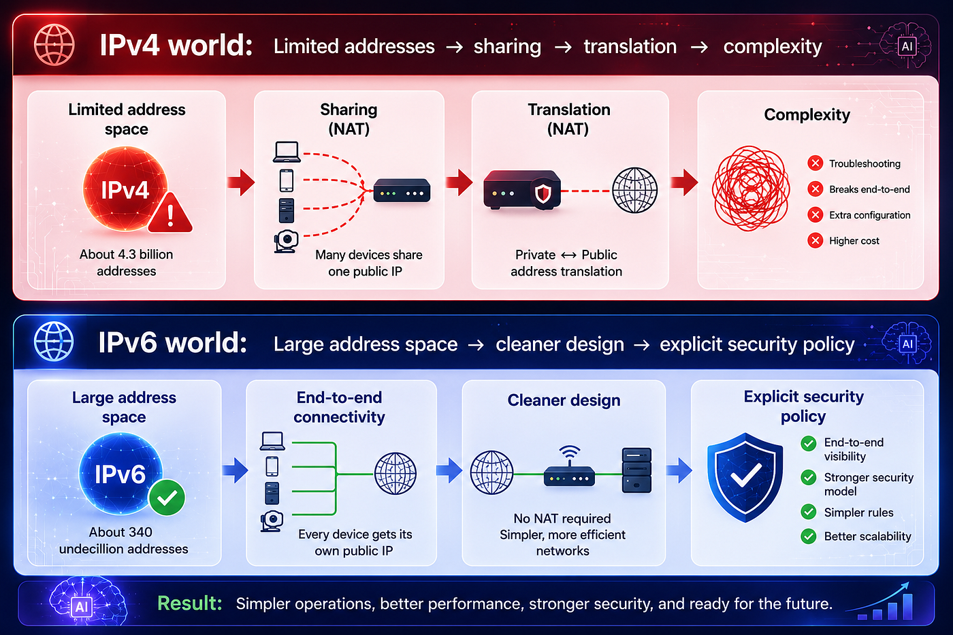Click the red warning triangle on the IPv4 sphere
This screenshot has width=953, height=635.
tap(170, 214)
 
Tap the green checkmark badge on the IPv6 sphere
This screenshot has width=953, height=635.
tap(167, 498)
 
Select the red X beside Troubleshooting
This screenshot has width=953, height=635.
tap(815, 163)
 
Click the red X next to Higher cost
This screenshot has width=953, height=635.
tap(815, 241)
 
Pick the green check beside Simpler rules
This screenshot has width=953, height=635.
tap(809, 512)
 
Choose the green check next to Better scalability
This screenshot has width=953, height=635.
tap(809, 536)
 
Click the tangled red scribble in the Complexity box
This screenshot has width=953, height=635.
tap(751, 189)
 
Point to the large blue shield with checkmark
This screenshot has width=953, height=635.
tap(745, 477)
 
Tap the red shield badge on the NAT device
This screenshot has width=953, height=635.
tap(543, 193)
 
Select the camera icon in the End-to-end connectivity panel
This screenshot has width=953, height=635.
tap(272, 521)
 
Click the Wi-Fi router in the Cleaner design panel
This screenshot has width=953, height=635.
tap(569, 467)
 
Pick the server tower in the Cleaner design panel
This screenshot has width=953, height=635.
tap(636, 470)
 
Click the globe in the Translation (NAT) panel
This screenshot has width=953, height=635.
tap(634, 190)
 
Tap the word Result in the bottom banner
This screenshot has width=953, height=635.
tap(190, 603)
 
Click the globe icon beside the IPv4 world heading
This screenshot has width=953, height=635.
tap(54, 45)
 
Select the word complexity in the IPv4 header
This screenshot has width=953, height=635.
tap(773, 47)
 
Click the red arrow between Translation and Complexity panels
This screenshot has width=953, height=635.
tap(684, 182)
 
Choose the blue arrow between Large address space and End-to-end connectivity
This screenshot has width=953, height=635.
tap(236, 470)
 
